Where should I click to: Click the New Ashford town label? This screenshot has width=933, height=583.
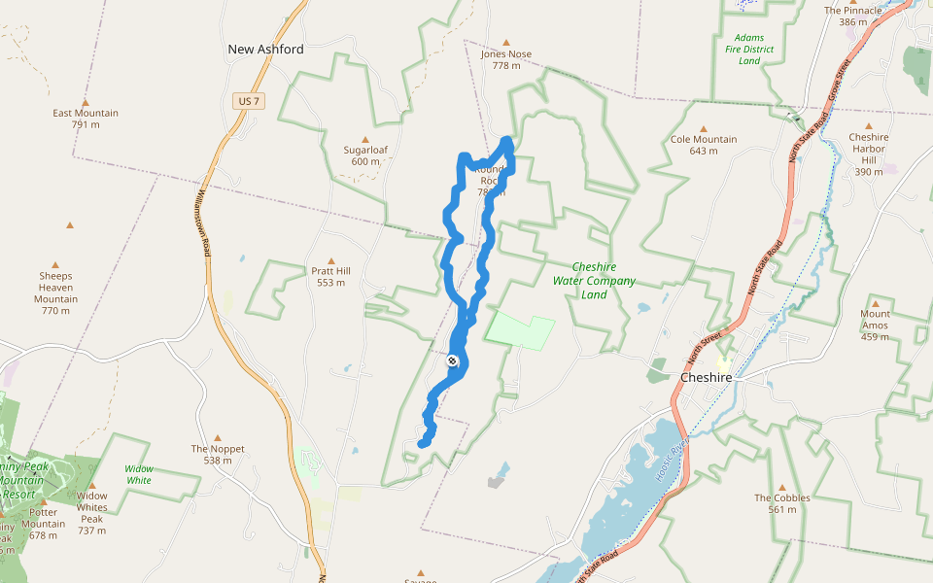(265, 50)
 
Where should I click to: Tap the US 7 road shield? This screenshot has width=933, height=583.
(248, 101)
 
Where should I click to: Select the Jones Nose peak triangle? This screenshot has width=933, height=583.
(506, 43)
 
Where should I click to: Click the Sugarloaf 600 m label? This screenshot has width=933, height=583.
(365, 155)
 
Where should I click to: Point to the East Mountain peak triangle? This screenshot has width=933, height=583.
(86, 102)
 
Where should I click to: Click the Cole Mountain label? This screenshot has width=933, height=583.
(704, 139)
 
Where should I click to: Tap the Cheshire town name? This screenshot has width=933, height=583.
(706, 377)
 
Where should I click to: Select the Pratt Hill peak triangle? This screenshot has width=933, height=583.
(330, 261)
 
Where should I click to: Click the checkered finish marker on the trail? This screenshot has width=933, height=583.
(453, 361)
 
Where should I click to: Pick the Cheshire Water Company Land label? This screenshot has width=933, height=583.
(594, 281)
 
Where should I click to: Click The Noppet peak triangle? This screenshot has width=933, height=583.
(218, 438)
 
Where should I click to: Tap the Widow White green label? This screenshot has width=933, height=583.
(139, 474)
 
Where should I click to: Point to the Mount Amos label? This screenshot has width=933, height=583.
(875, 326)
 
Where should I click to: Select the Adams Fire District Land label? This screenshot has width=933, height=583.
(749, 50)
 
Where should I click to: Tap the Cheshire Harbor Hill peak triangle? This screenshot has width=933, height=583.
(869, 126)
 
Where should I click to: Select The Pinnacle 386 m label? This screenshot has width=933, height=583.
(852, 17)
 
